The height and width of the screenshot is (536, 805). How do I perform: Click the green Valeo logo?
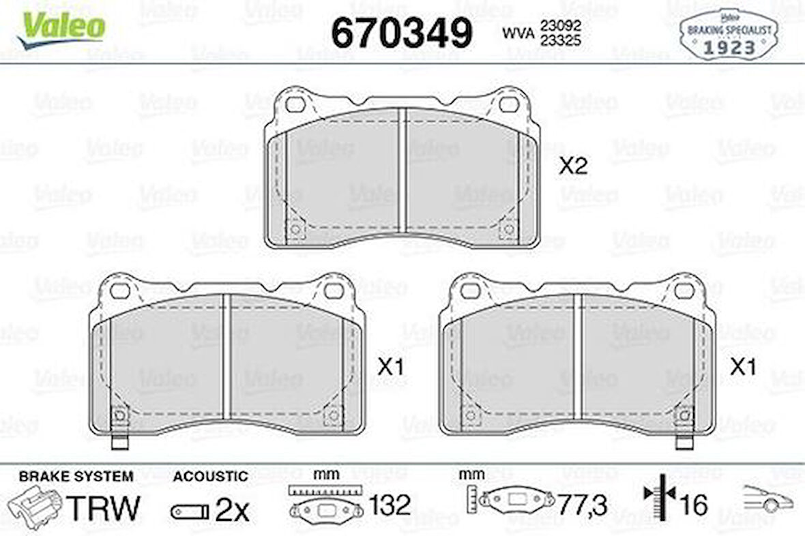(62, 29)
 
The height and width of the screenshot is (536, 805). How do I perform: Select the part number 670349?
(402, 32)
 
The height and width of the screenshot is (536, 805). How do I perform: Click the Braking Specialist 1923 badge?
(729, 35)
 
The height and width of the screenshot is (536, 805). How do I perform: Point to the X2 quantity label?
(573, 166)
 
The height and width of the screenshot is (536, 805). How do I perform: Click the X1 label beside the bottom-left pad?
(391, 368)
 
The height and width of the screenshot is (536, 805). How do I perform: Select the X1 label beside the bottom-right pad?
(743, 368)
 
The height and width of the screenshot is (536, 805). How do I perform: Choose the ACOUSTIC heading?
(210, 476)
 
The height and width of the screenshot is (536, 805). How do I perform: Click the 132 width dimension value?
(390, 505)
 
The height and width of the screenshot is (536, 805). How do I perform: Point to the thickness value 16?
(693, 505)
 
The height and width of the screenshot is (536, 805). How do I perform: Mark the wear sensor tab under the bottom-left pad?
(119, 442)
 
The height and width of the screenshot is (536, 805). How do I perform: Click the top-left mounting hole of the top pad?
(295, 105)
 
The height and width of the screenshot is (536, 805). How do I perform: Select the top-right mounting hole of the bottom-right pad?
(684, 291)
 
